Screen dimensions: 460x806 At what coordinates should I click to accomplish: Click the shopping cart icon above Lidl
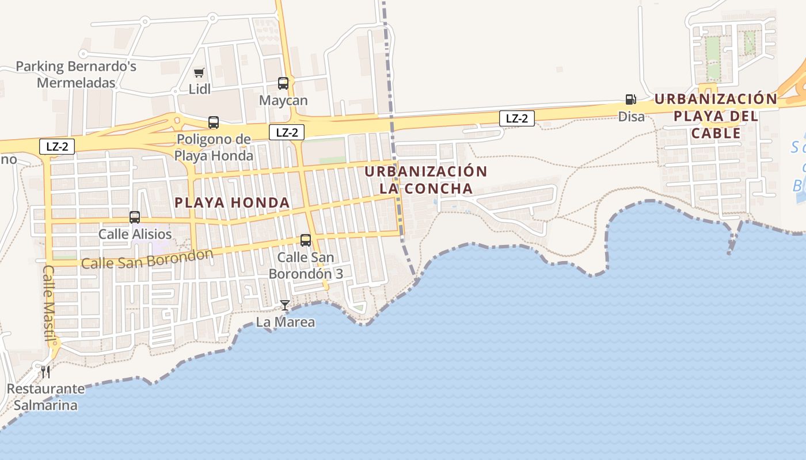(x=199, y=72)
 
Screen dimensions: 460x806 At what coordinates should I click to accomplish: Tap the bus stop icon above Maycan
(x=283, y=83)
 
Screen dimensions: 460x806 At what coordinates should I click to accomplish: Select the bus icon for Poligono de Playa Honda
(x=214, y=122)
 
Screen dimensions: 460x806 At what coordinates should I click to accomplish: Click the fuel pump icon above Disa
(x=631, y=99)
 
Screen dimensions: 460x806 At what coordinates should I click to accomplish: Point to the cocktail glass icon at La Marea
(x=285, y=305)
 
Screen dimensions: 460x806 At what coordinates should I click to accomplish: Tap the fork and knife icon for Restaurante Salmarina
(x=45, y=371)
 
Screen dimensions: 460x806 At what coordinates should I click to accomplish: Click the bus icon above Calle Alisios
(x=135, y=217)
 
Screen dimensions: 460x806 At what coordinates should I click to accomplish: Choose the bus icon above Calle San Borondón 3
(x=306, y=240)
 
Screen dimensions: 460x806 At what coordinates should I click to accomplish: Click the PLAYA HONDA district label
(x=232, y=202)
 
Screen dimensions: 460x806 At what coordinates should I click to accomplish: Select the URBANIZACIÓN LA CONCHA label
(x=426, y=180)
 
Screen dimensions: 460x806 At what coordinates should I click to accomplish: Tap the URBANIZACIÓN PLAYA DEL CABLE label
(x=716, y=116)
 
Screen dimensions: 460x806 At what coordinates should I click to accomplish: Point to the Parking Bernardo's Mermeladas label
(x=76, y=74)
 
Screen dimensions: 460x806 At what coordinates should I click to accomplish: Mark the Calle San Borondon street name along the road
(x=147, y=259)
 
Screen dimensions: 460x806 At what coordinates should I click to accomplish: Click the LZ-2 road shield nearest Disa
(x=516, y=118)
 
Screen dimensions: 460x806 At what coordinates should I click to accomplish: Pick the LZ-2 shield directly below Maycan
(x=286, y=132)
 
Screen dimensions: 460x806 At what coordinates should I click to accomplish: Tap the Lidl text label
(x=200, y=89)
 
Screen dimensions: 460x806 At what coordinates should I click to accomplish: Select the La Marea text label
(x=286, y=322)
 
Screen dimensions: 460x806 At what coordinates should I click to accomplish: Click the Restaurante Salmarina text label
(x=45, y=397)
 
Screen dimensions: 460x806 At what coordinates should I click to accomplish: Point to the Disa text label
(x=632, y=117)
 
